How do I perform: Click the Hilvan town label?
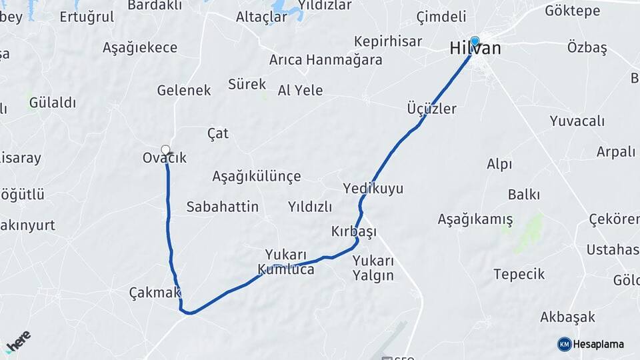[x=475, y=49]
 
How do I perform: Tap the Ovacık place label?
[x=165, y=158]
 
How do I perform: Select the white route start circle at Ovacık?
[x=165, y=150]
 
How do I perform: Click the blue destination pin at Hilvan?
[x=475, y=40]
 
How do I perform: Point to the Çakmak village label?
[x=155, y=293]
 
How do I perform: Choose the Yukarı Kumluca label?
[x=286, y=262]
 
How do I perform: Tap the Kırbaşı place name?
[x=354, y=231]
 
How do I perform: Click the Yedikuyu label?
[x=373, y=189]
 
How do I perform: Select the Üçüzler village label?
[x=431, y=109]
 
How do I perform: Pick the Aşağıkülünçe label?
[x=257, y=177]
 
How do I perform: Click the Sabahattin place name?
[x=223, y=207]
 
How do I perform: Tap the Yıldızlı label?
[x=310, y=207]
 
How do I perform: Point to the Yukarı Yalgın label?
[x=373, y=268]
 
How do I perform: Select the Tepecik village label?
[x=519, y=274]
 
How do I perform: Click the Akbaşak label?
[x=567, y=317]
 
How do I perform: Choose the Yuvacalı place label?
[x=577, y=121]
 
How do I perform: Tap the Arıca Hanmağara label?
[x=326, y=60]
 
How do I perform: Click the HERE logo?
[x=17, y=340]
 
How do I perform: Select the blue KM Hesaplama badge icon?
[x=564, y=344]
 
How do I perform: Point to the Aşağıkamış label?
[x=475, y=219]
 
